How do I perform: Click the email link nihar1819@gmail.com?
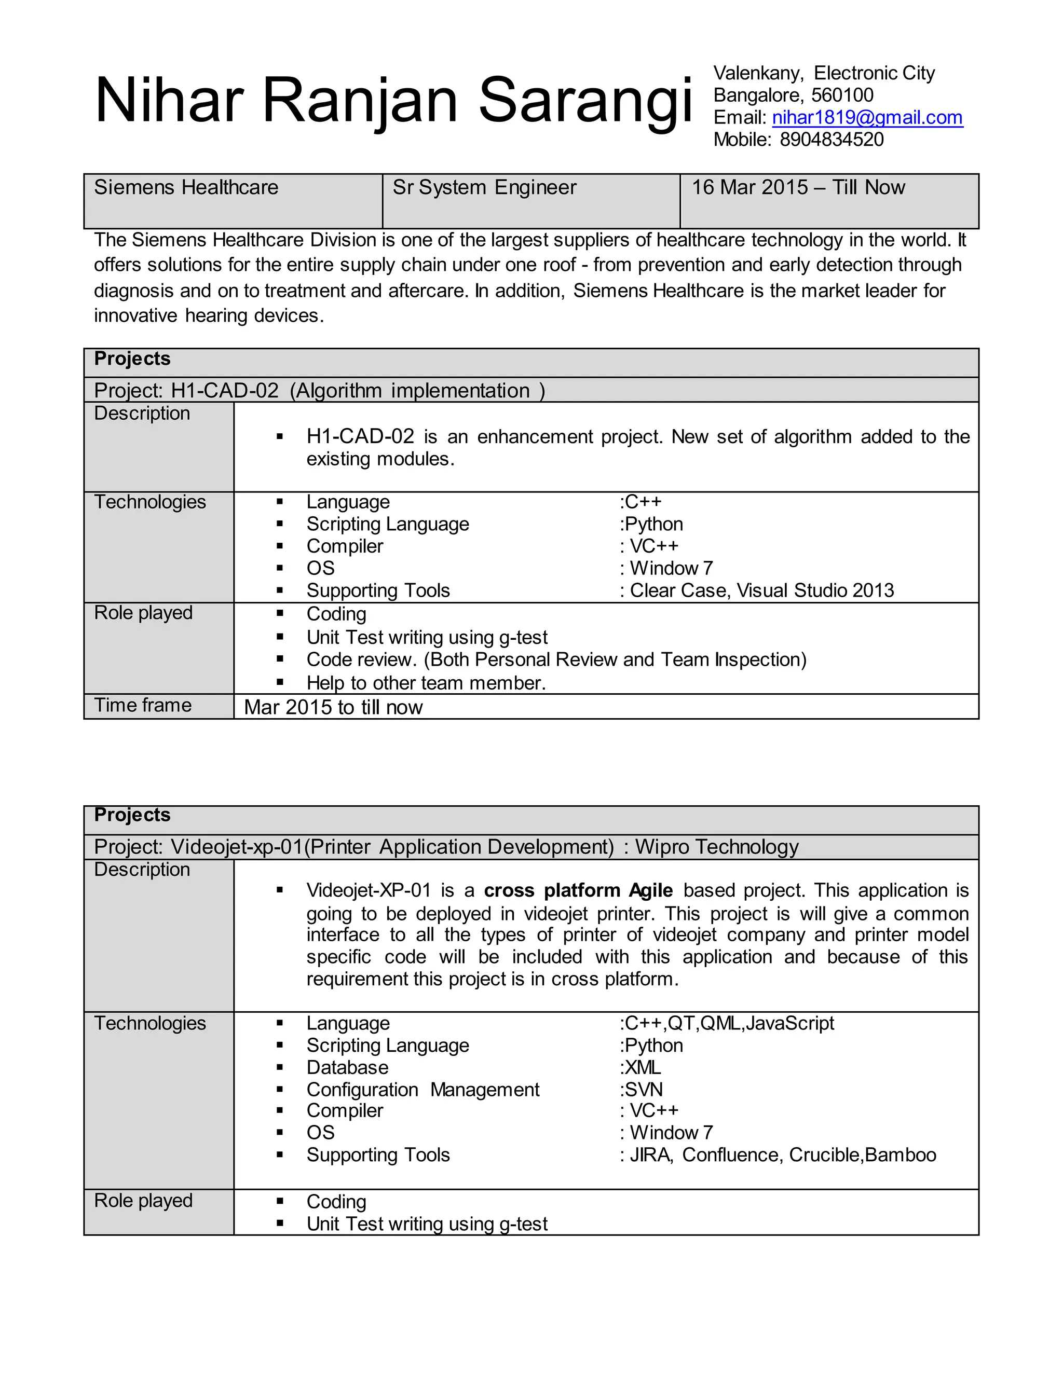coord(867,118)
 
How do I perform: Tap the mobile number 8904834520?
coord(832,140)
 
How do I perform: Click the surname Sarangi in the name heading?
coord(585,101)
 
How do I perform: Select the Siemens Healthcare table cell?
coord(233,201)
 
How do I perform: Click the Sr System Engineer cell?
coord(531,201)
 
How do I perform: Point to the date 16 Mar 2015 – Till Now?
coord(798,188)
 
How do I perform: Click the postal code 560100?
coord(842,95)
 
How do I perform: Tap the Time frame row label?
coord(143,705)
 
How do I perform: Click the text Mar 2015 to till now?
coord(333,708)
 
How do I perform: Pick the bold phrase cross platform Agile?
coord(578,890)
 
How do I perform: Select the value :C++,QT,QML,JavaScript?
coord(727,1023)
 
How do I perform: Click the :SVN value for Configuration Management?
coord(641,1089)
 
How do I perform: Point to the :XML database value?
coord(640,1067)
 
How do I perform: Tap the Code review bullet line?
coord(556,660)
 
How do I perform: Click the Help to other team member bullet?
coord(426,683)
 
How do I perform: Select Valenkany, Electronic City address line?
coord(824,73)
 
